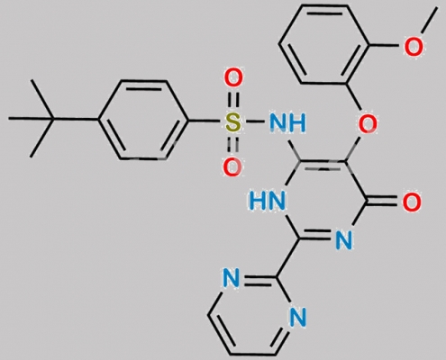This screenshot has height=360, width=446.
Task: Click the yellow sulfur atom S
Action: tap(232, 122)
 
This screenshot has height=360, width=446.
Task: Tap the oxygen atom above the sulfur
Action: tap(233, 77)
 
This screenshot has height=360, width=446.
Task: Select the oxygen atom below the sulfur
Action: tap(232, 166)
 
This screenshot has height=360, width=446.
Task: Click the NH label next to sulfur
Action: tap(287, 122)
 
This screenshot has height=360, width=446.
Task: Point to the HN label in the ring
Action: tap(267, 201)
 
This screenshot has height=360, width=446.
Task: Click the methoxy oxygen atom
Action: tap(414, 46)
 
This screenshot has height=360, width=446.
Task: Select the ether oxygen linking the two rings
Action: tap(368, 123)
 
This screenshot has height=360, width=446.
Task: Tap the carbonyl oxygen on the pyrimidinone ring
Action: tap(412, 202)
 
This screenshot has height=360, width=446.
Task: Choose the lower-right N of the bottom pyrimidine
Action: tap(297, 317)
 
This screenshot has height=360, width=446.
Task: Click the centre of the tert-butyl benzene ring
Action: tap(143, 120)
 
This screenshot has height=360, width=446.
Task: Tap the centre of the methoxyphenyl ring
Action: tap(324, 44)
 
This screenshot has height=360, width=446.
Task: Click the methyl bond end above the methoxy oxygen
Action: tap(436, 7)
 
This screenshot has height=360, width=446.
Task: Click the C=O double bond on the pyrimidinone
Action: tap(384, 202)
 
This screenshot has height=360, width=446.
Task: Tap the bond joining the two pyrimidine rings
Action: tap(287, 258)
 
